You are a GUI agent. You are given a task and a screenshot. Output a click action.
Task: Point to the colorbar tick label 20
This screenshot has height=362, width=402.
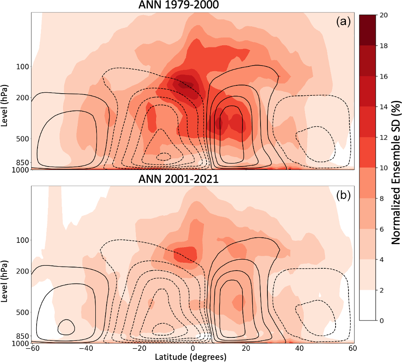pyautogui.click(x=381, y=15)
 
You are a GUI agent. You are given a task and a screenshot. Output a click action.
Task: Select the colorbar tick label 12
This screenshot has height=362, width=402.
pyautogui.click(x=381, y=138)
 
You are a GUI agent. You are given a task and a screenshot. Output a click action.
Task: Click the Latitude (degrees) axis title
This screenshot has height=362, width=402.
pyautogui.click(x=192, y=357)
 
